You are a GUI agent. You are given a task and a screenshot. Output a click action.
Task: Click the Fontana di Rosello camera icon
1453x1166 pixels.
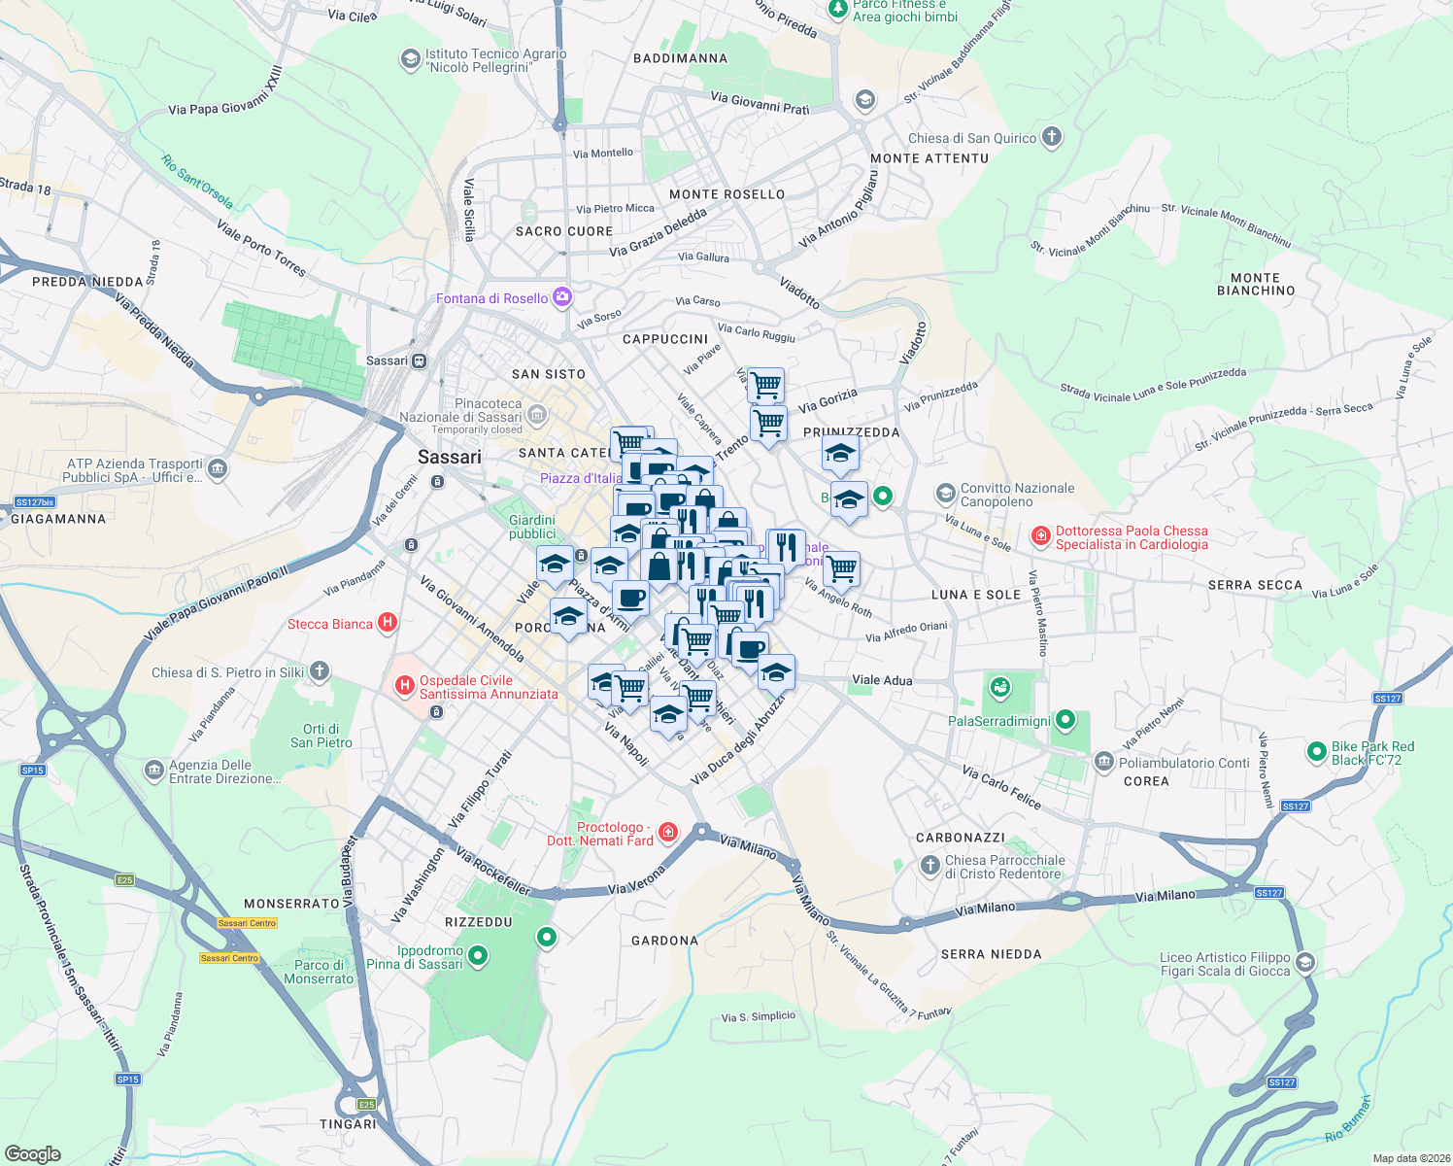(x=561, y=298)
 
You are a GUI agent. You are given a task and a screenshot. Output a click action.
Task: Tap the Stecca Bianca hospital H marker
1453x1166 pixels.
(x=387, y=624)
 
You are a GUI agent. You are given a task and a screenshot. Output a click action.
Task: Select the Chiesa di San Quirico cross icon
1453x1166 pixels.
(x=1052, y=137)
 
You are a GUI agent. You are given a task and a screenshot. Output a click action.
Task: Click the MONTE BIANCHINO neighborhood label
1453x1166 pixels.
(x=1256, y=284)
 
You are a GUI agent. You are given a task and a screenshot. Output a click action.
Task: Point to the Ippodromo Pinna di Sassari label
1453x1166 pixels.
(x=429, y=957)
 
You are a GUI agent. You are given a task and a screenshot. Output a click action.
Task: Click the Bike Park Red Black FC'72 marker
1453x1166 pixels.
(x=1316, y=751)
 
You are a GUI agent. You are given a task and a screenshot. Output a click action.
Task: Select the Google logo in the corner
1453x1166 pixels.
(x=32, y=1154)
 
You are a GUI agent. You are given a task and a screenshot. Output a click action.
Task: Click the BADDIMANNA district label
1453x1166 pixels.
(x=680, y=58)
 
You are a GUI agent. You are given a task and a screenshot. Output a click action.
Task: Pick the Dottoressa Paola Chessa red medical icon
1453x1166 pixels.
(x=1041, y=536)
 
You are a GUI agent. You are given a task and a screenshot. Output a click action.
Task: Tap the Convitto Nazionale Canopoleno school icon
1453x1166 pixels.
(x=945, y=494)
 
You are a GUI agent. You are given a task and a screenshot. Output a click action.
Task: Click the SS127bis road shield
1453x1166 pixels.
(x=35, y=502)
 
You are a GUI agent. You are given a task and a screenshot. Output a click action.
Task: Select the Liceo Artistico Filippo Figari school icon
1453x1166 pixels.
(x=1305, y=963)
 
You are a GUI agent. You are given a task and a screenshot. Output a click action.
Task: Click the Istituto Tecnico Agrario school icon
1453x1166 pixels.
(x=410, y=60)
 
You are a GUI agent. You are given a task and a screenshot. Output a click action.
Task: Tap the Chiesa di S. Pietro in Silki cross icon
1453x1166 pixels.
(x=320, y=671)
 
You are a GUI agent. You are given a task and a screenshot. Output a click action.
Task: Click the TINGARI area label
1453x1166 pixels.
(x=348, y=1124)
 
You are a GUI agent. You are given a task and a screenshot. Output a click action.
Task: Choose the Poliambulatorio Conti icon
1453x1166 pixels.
(x=1103, y=762)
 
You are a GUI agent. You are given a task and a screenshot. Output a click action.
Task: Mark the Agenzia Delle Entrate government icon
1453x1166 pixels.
(x=153, y=771)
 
